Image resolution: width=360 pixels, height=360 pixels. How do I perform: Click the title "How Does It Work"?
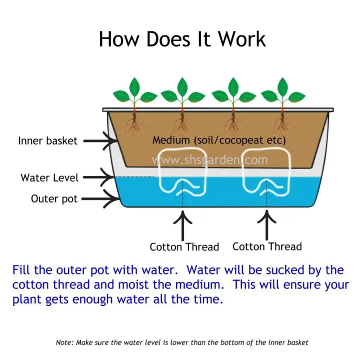(182, 39)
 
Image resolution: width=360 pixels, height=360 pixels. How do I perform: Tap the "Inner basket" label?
(48, 140)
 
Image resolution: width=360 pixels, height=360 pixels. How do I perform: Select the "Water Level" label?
(49, 177)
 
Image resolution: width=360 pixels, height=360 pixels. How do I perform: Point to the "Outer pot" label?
(54, 199)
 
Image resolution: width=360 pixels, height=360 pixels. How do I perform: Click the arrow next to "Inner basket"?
(100, 141)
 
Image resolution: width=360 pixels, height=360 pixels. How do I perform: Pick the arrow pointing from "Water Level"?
(98, 177)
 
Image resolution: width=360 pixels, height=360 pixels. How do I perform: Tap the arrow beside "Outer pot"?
(100, 199)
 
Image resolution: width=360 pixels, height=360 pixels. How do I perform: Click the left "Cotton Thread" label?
(184, 247)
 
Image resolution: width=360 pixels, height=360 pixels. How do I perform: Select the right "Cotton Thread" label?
(267, 247)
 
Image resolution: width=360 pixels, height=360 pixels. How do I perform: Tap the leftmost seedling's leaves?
(135, 92)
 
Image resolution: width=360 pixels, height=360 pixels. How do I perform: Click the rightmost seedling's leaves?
(283, 92)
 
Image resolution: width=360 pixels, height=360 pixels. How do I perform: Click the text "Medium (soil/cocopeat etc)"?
(219, 140)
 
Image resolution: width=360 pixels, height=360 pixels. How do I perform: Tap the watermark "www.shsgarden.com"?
(209, 160)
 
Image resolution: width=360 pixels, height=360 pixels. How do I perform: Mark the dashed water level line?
(134, 177)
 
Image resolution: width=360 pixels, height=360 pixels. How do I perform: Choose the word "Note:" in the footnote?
(65, 342)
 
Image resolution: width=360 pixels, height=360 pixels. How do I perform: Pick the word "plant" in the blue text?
(27, 300)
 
